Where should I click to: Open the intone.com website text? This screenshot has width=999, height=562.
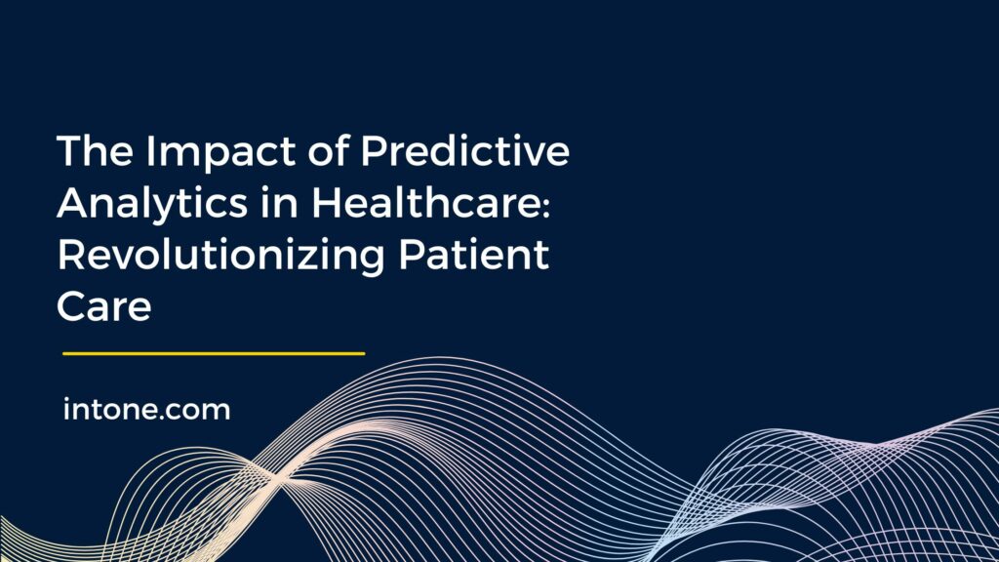click(146, 410)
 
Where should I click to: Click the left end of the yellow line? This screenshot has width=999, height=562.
click(64, 353)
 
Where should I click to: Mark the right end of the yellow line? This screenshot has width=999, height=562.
click(363, 353)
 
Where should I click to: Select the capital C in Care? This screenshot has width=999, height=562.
click(72, 306)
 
